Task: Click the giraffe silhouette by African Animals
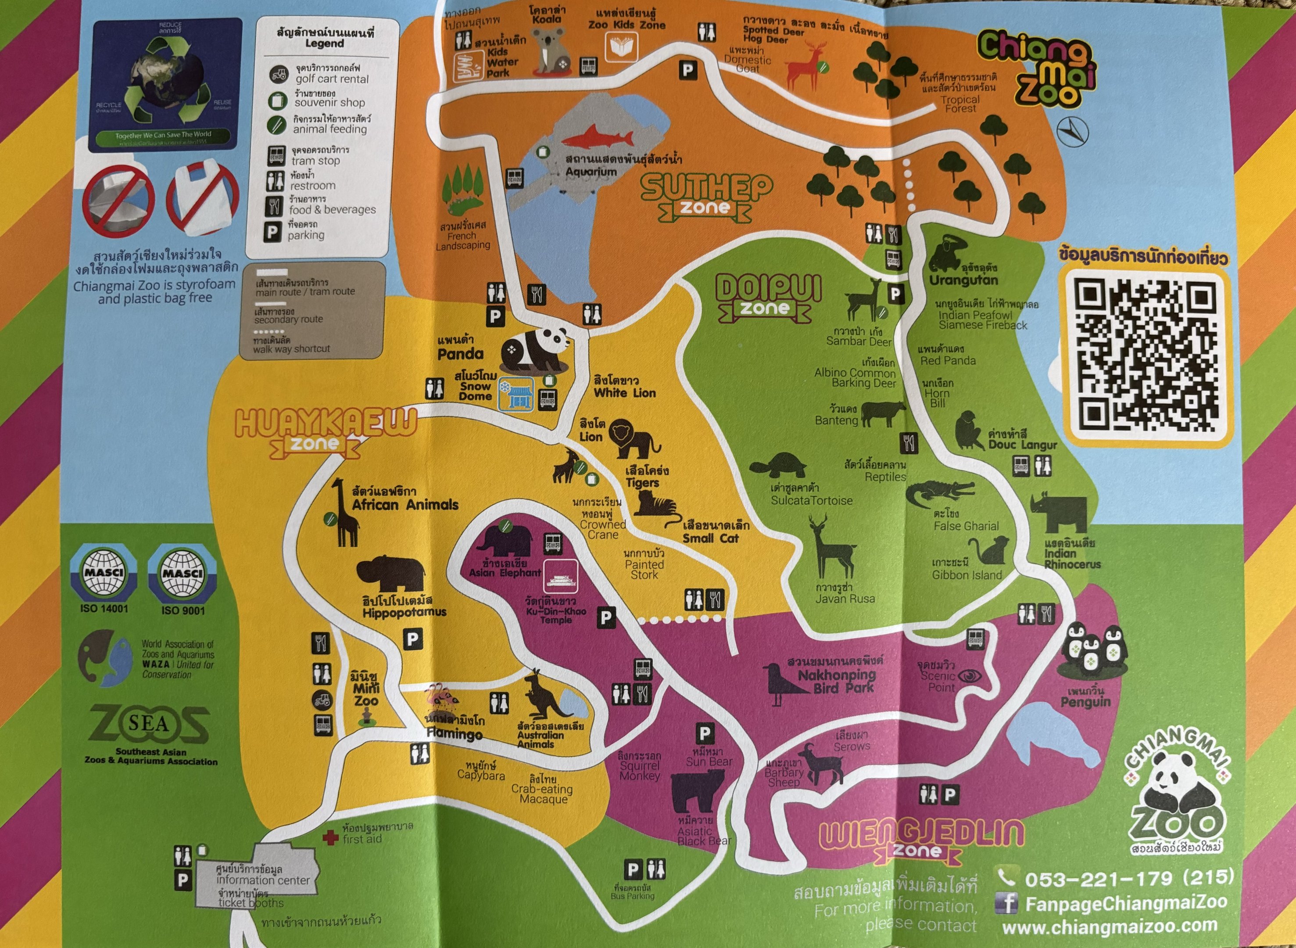tap(345, 513)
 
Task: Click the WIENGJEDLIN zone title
tap(921, 840)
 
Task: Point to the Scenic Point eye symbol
tap(969, 676)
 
